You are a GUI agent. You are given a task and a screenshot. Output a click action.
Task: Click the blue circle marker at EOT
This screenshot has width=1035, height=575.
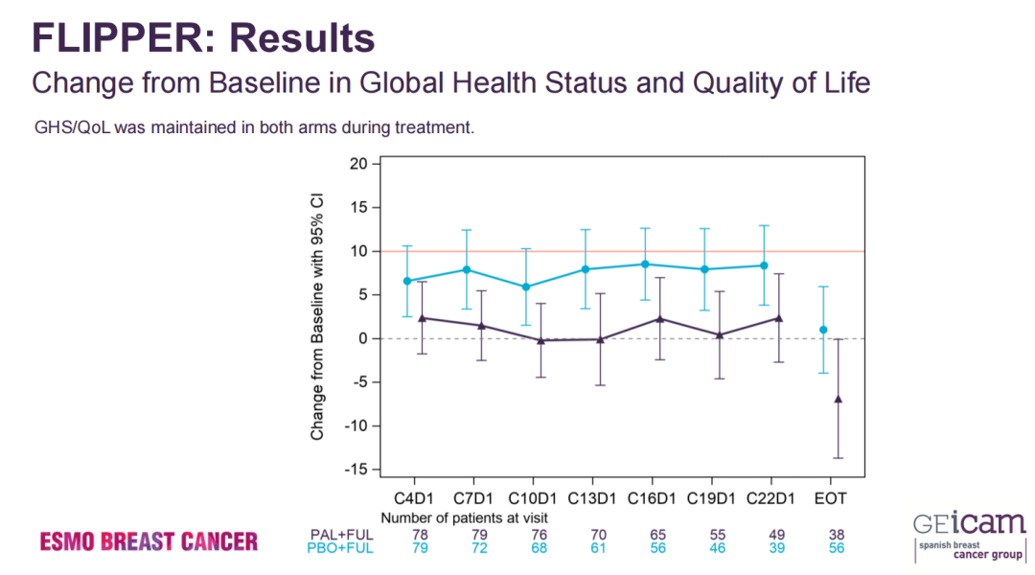823,330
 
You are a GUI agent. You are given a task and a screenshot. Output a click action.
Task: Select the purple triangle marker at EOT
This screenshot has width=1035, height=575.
839,399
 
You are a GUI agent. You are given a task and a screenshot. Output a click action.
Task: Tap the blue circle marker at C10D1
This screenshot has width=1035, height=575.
526,287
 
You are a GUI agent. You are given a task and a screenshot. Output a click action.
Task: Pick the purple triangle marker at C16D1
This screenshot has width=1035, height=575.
660,318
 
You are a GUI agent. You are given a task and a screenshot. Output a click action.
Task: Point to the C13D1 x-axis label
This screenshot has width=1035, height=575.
592,498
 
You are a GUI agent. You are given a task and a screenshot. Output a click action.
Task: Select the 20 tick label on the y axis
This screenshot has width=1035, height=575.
358,164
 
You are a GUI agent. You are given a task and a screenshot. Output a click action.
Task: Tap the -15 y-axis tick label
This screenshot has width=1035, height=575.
356,469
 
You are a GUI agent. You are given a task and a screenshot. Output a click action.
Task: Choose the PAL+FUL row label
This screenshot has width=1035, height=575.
340,534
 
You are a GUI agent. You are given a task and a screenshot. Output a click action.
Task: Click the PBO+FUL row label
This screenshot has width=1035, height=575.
340,548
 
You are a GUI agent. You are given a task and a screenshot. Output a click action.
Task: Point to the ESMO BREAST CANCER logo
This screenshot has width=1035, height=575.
149,541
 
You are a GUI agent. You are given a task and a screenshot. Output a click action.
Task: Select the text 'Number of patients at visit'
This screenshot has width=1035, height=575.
464,517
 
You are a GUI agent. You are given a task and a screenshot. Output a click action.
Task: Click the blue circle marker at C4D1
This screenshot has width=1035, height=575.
407,281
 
